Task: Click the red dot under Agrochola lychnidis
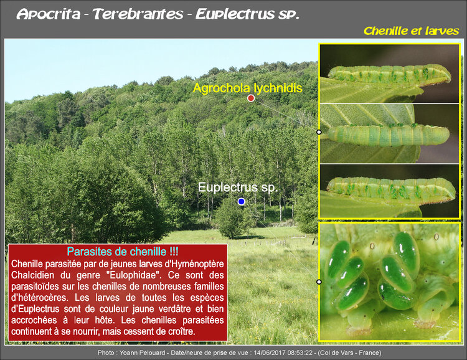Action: (251, 98)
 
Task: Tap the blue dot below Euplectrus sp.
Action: (241, 201)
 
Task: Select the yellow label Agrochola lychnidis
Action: (247, 88)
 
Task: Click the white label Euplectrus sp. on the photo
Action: (238, 187)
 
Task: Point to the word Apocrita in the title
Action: (49, 14)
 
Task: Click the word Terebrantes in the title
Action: (138, 14)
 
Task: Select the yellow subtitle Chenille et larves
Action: (412, 31)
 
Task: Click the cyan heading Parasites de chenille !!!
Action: (123, 252)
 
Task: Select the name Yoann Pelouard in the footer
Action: (143, 353)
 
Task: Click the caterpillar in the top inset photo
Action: (390, 74)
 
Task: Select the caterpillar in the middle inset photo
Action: (389, 135)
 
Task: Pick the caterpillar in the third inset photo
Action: (392, 188)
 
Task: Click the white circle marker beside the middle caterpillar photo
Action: (319, 132)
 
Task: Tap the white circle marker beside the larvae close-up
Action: (319, 282)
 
